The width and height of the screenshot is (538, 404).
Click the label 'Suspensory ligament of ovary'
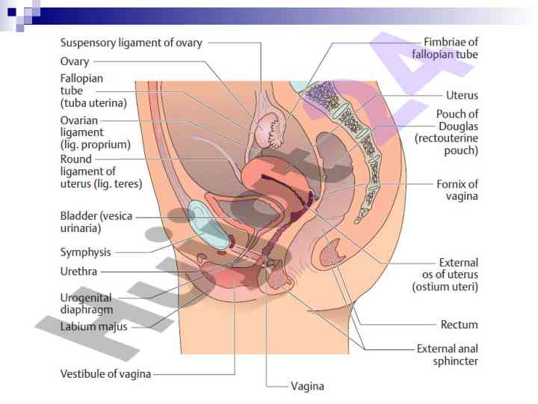point(131,43)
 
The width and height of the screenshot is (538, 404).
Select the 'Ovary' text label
point(74,61)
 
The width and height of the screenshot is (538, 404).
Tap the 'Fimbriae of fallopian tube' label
point(451,48)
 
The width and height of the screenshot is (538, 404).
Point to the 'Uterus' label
point(462,96)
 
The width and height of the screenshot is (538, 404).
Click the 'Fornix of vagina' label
point(457,190)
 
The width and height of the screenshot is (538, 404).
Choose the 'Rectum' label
point(459,325)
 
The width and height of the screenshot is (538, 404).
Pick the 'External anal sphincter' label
point(447,355)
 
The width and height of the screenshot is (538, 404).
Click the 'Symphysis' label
point(85,252)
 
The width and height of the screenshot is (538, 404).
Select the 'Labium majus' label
point(93,326)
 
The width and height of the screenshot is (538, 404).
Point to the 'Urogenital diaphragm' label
point(86,303)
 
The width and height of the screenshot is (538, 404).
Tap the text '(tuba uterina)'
point(93,102)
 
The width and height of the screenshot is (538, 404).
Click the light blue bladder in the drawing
point(208,224)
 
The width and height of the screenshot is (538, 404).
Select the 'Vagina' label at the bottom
point(307,386)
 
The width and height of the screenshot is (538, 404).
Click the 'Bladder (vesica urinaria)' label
point(96,221)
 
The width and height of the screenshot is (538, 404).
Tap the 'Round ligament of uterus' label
point(101,171)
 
